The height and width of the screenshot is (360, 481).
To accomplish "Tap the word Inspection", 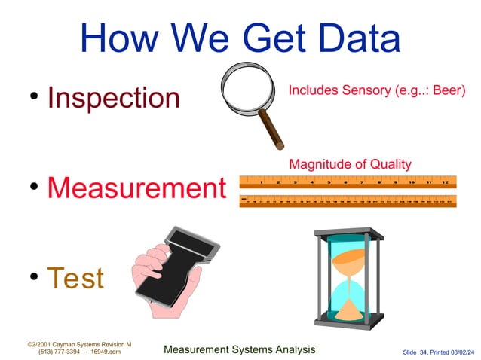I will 113,98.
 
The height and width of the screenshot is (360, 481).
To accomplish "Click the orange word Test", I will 75,278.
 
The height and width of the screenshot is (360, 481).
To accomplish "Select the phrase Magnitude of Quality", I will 350,163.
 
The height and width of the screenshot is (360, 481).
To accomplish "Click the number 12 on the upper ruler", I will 446,182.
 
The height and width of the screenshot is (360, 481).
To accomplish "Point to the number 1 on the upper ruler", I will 261,182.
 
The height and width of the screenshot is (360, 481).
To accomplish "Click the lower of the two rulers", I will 348,200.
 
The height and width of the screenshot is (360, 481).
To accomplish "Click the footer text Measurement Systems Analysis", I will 239,349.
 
